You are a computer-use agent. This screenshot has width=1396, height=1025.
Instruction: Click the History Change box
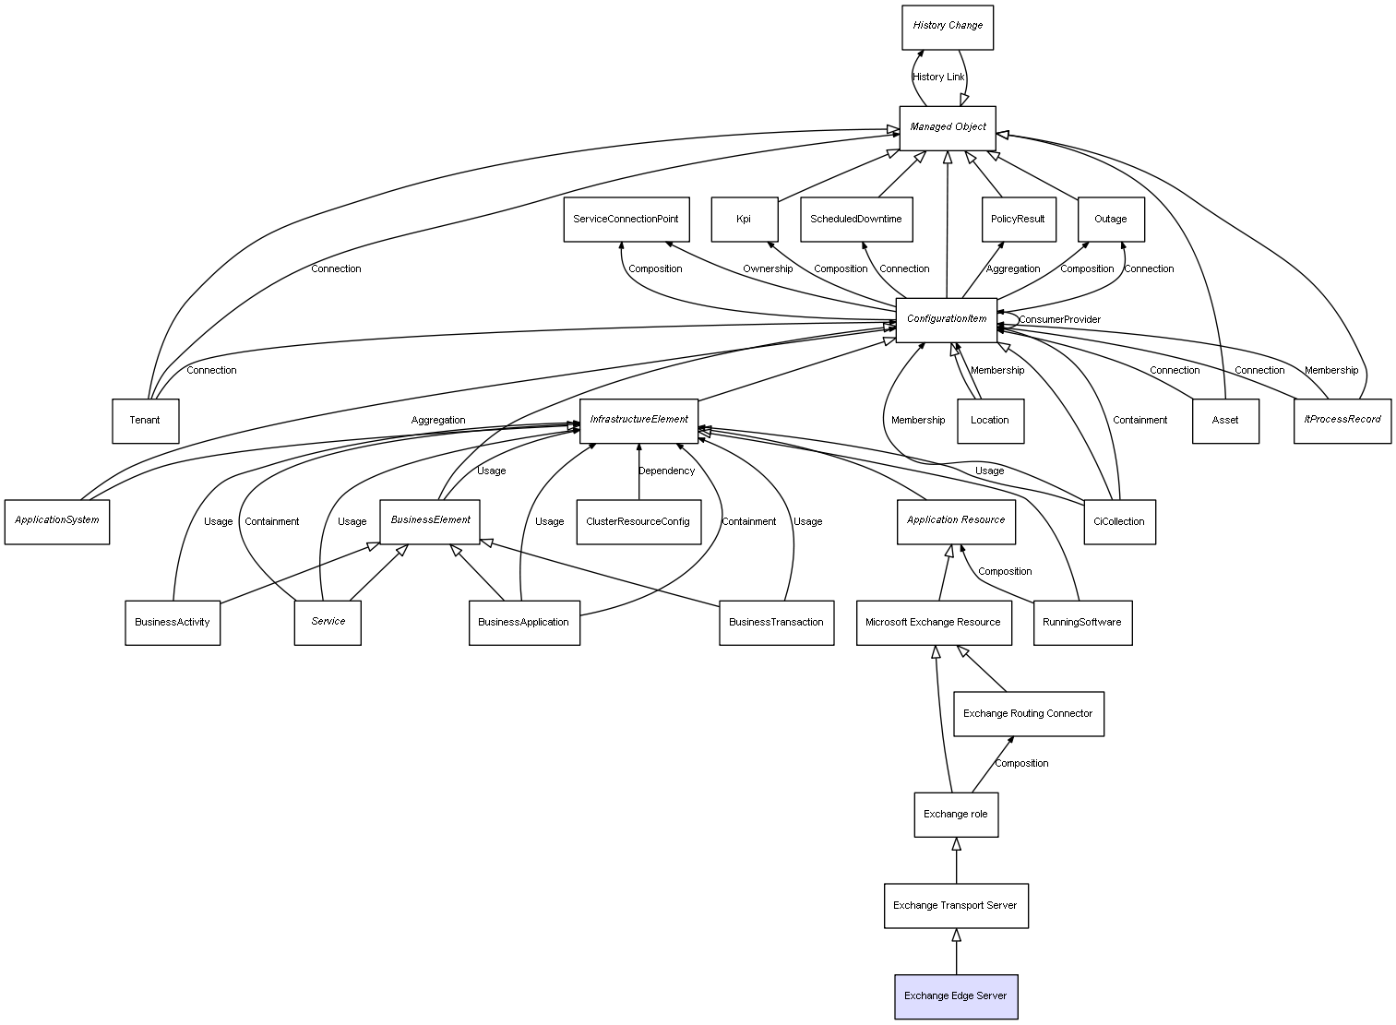pyautogui.click(x=948, y=28)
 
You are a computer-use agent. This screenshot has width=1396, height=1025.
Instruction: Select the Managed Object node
pyautogui.click(x=948, y=128)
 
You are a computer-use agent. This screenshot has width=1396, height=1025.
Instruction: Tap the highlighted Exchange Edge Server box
pyautogui.click(x=956, y=996)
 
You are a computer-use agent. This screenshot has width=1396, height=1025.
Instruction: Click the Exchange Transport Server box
pyautogui.click(x=956, y=905)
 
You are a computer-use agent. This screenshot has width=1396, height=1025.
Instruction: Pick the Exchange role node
pyautogui.click(x=956, y=815)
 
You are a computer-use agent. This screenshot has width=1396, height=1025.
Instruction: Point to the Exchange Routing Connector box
pyautogui.click(x=1028, y=713)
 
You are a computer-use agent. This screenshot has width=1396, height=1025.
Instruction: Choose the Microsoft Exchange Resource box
pyautogui.click(x=934, y=623)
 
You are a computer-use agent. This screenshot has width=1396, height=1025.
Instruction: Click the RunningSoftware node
pyautogui.click(x=1082, y=623)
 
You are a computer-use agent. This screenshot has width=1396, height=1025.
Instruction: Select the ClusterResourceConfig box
pyautogui.click(x=638, y=521)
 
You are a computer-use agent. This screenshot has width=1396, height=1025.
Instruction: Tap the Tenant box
pyautogui.click(x=145, y=422)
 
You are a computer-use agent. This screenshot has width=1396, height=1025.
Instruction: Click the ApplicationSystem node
pyautogui.click(x=56, y=521)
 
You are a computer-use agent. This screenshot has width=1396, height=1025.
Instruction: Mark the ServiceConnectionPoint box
pyautogui.click(x=626, y=220)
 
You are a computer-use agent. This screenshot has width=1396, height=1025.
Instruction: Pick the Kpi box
pyautogui.click(x=744, y=220)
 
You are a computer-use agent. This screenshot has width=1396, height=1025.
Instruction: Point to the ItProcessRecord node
pyautogui.click(x=1342, y=422)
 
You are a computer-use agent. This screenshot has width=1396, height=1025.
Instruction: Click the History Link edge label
pyautogui.click(x=938, y=77)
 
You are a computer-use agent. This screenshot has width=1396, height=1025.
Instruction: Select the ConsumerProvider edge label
pyautogui.click(x=1059, y=319)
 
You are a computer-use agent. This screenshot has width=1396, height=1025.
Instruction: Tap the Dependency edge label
pyautogui.click(x=666, y=471)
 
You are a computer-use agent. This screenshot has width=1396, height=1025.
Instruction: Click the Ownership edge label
pyautogui.click(x=767, y=269)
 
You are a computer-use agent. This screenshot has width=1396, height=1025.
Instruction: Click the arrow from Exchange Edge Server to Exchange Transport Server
pyautogui.click(x=956, y=951)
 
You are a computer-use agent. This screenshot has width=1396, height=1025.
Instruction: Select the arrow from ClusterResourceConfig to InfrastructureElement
pyautogui.click(x=638, y=471)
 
